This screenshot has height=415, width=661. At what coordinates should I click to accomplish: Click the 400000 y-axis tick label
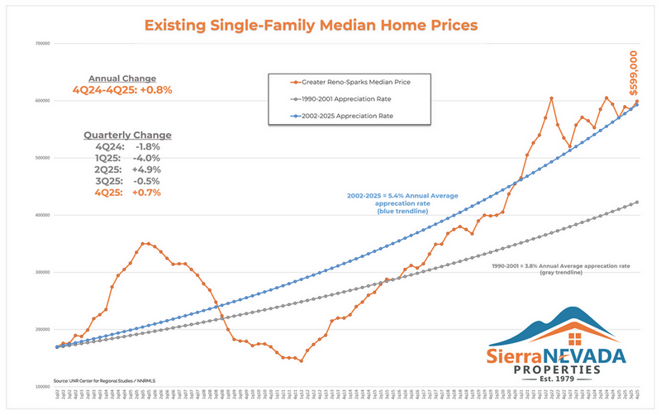point(41,215)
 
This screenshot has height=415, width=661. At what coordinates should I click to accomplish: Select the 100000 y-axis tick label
point(41,386)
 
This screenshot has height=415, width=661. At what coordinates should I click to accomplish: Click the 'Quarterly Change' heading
point(127,135)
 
